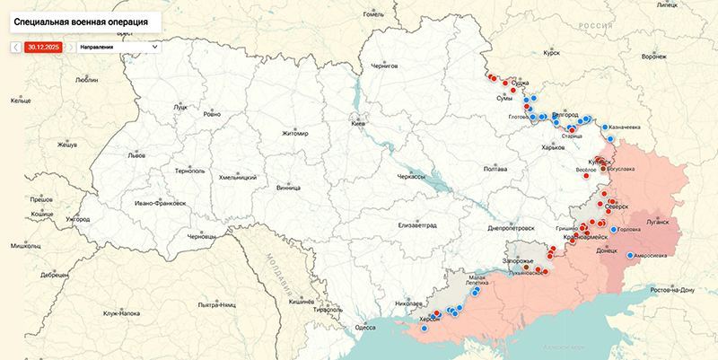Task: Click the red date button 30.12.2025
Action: pos(42,47)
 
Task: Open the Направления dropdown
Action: pos(118,47)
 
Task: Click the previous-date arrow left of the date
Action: pos(16,47)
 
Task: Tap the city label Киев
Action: pos(357,122)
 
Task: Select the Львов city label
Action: pos(136,154)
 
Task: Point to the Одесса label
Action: pos(365,328)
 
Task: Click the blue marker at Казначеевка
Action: pos(605,127)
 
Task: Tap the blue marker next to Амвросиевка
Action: pos(629,255)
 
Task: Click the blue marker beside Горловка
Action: pos(614,229)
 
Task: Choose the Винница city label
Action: pos(289,189)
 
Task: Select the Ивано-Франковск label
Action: pos(161,203)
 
